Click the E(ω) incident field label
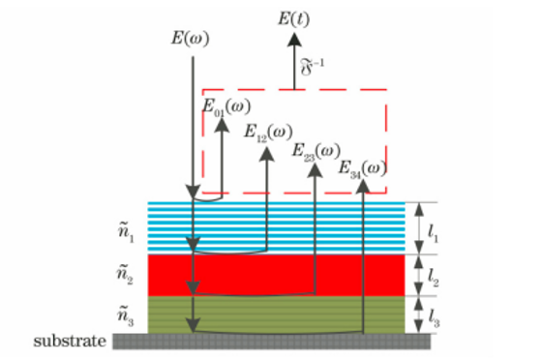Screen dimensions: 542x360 [190, 38]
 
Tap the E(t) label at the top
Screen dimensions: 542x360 [294, 18]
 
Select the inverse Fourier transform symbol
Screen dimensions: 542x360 [313, 67]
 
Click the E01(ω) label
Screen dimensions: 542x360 [226, 107]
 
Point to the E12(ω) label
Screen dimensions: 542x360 [269, 133]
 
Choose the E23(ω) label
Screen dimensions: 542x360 [316, 152]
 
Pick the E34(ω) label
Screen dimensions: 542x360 [362, 169]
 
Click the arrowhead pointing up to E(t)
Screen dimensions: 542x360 [294, 40]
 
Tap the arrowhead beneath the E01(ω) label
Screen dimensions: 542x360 [222, 125]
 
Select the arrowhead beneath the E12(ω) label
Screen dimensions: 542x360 [267, 154]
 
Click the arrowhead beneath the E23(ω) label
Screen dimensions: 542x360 [315, 170]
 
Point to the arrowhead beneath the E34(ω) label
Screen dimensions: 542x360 [363, 186]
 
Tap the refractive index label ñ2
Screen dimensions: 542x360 [125, 275]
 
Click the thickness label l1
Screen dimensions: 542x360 [433, 233]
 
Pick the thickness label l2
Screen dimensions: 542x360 [433, 278]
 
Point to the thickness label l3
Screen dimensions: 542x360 [434, 318]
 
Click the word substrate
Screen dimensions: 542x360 [70, 342]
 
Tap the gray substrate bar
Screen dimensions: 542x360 [272, 342]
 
